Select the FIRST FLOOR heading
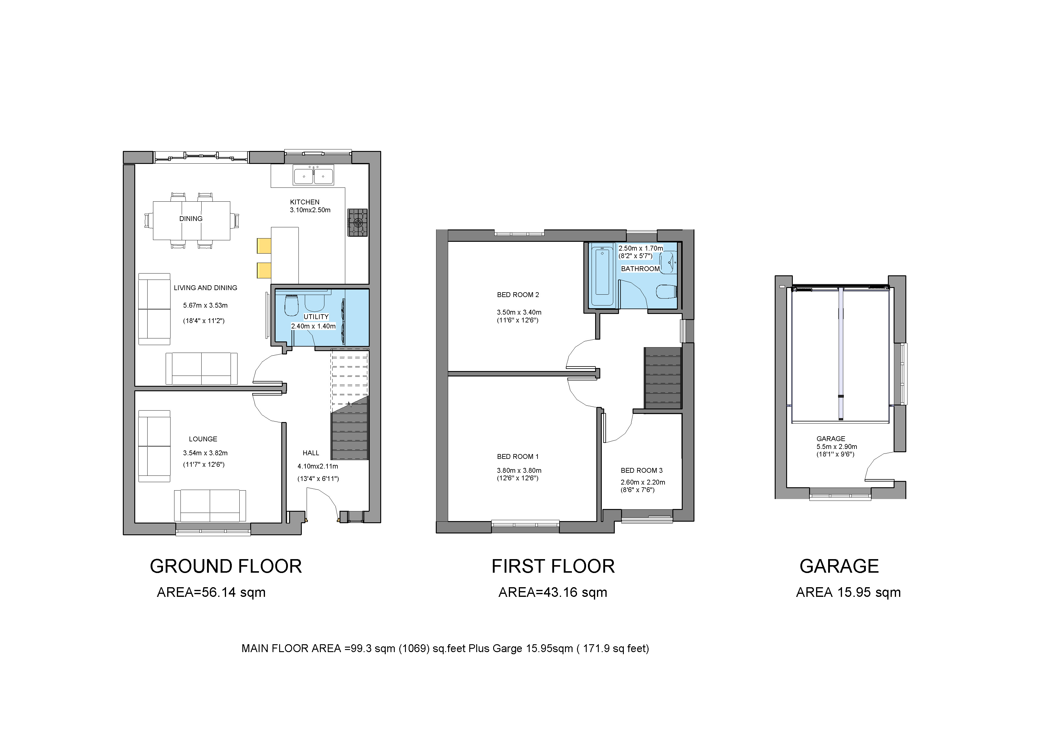[x=553, y=566]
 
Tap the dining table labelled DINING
[x=191, y=221]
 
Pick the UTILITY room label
[x=316, y=317]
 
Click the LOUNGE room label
[x=203, y=439]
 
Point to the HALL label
[x=311, y=453]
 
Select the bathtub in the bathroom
[x=602, y=271]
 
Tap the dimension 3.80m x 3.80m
[x=519, y=471]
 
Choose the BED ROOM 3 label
[x=642, y=471]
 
